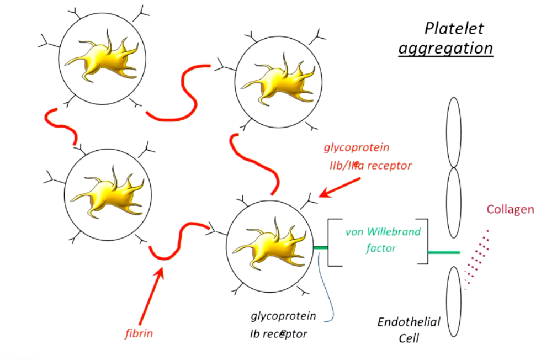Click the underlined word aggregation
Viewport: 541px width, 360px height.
coord(445,48)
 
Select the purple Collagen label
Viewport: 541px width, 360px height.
coord(510,210)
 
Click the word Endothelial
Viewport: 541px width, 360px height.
coord(409,322)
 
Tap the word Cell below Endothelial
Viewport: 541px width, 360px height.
coord(410,338)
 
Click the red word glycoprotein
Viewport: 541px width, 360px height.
coord(356,148)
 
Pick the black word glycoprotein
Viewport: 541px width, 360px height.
coord(283,316)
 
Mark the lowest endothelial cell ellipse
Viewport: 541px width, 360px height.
coord(454,301)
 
